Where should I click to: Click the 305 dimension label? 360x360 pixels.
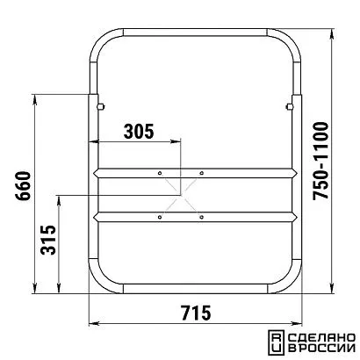coord(139,132)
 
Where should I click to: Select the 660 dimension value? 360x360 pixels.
coord(23,186)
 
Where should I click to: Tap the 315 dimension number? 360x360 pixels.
coord(48,240)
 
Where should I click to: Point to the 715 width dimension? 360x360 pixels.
coord(196,313)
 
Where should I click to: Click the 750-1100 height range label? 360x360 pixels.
coord(320,161)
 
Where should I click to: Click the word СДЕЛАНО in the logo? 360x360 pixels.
coord(321,337)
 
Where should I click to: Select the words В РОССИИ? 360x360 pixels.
coord(321,349)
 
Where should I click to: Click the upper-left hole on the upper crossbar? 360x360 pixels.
coord(160,173)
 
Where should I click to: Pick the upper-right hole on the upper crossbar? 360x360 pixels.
coord(201,173)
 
